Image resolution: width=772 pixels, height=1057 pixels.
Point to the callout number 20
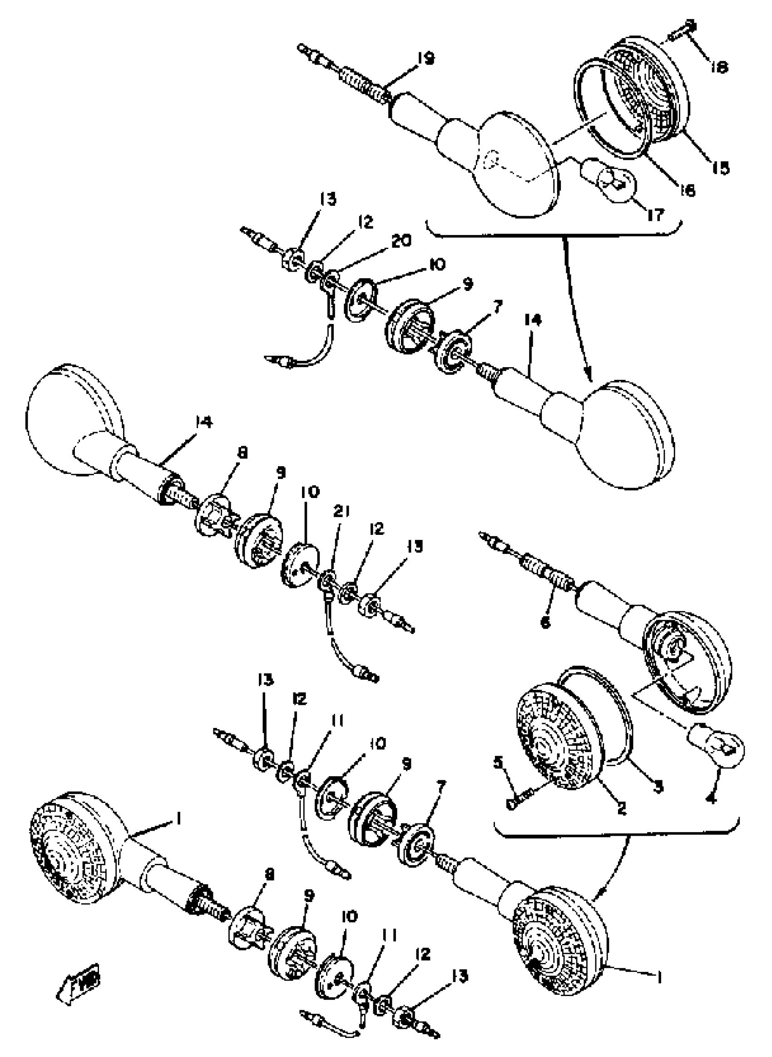click(402, 241)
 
